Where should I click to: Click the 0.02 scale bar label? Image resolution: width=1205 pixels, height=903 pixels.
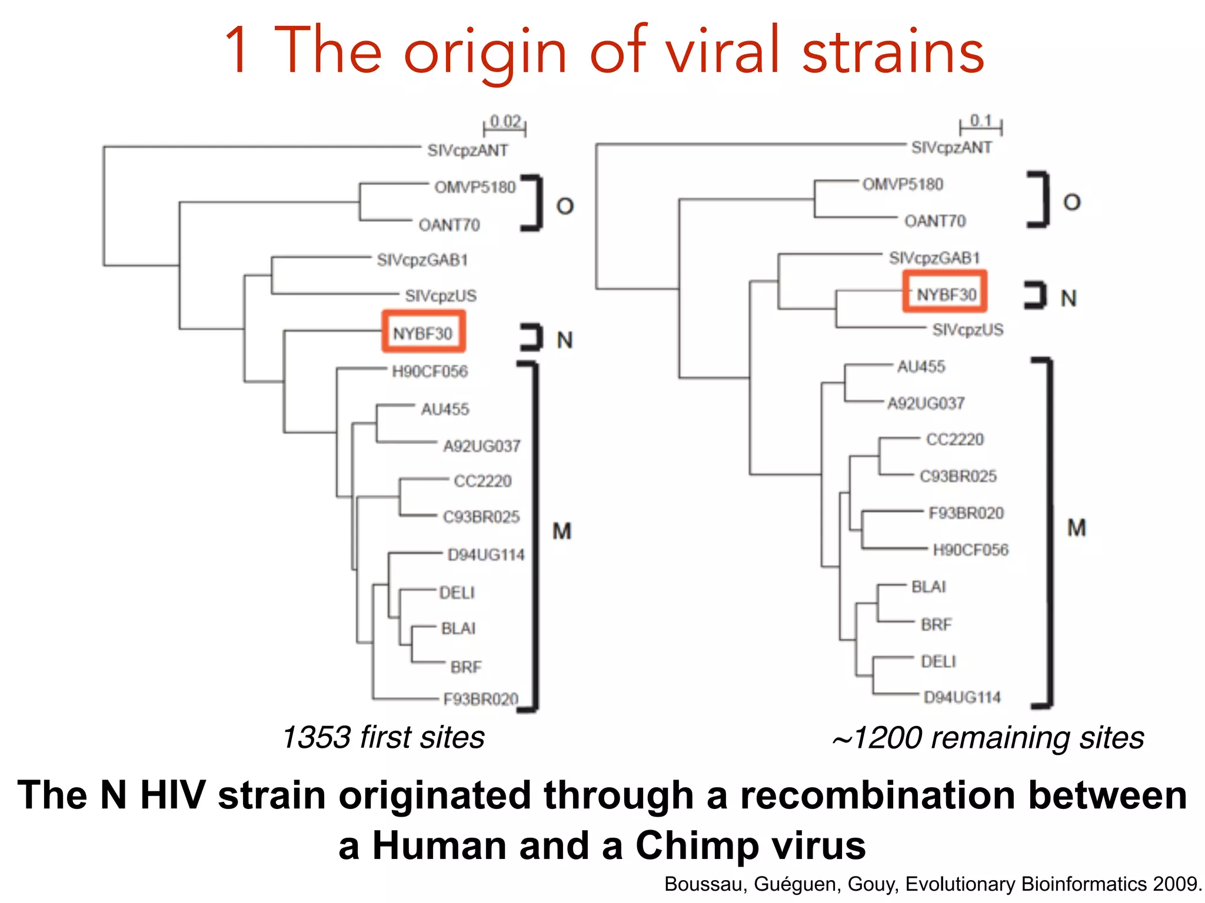point(505,122)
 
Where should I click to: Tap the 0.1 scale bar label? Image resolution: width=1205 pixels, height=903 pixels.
point(981,121)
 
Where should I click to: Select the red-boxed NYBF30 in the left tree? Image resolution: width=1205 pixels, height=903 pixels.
point(423,333)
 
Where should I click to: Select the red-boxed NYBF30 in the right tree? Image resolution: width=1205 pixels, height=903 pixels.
point(946,293)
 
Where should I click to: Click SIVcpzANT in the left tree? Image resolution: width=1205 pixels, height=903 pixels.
point(467,150)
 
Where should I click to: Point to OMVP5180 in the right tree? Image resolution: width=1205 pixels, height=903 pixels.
point(903,185)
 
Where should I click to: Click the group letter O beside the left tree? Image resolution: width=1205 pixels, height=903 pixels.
point(565,206)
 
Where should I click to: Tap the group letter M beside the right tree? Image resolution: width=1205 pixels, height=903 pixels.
point(1076,528)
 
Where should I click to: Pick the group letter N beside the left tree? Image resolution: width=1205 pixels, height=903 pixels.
point(565,340)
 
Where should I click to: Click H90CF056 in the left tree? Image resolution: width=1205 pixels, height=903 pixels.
point(430,372)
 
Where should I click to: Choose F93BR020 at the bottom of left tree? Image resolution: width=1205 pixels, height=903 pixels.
point(481,699)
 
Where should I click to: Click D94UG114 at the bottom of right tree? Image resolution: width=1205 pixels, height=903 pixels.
point(961,697)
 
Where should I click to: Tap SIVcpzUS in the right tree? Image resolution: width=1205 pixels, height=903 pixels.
point(967,330)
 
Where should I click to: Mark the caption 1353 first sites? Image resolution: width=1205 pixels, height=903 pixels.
point(384,737)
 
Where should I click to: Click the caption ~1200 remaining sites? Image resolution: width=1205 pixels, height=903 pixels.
point(988,738)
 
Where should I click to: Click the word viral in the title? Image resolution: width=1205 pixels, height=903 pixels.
point(725,51)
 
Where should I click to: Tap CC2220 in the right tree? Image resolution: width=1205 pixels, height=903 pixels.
point(954,440)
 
